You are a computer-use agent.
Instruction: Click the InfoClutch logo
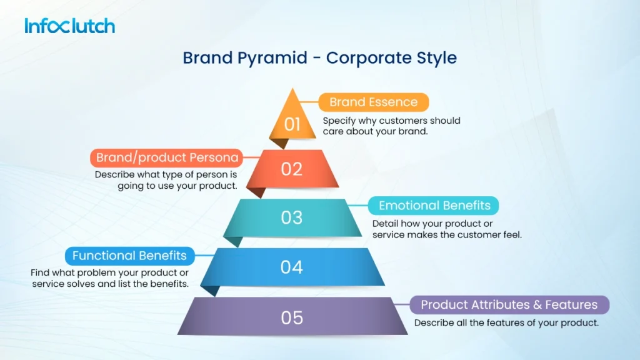(x=69, y=26)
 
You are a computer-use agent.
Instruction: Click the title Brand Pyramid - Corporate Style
(x=319, y=58)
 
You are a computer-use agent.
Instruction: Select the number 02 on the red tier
(x=291, y=169)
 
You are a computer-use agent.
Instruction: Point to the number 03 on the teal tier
(x=291, y=217)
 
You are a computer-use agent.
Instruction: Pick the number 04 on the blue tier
(x=291, y=267)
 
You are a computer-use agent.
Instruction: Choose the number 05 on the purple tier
(x=291, y=317)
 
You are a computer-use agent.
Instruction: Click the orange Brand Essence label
(x=373, y=102)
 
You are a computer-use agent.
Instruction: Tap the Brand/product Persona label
(x=167, y=158)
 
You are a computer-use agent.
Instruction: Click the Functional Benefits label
(x=129, y=256)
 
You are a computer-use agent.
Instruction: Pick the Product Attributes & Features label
(x=509, y=305)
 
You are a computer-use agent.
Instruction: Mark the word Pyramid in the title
(x=275, y=58)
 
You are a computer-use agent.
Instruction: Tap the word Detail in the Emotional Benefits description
(x=385, y=224)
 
